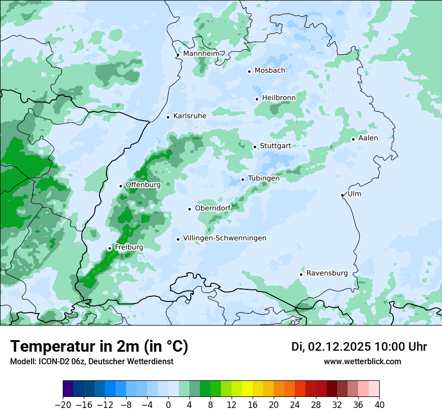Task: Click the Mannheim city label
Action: (x=201, y=54)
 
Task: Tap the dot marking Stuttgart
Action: (x=255, y=147)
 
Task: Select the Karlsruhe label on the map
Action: (x=190, y=116)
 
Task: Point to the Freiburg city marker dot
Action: (x=109, y=248)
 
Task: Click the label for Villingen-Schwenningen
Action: (x=225, y=238)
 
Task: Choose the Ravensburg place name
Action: (x=327, y=273)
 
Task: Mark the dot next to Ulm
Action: (x=342, y=195)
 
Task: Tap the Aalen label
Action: (x=368, y=138)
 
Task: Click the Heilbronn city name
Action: (x=279, y=98)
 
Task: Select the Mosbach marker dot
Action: (x=249, y=71)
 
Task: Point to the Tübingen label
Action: (x=264, y=178)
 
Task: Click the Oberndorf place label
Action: (x=213, y=208)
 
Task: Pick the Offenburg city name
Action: (x=143, y=185)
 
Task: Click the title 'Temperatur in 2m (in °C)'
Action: (x=99, y=346)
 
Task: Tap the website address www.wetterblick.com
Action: (x=362, y=361)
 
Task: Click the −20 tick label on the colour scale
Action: (x=63, y=405)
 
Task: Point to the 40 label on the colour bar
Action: (x=379, y=405)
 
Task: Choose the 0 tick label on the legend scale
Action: (x=168, y=405)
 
